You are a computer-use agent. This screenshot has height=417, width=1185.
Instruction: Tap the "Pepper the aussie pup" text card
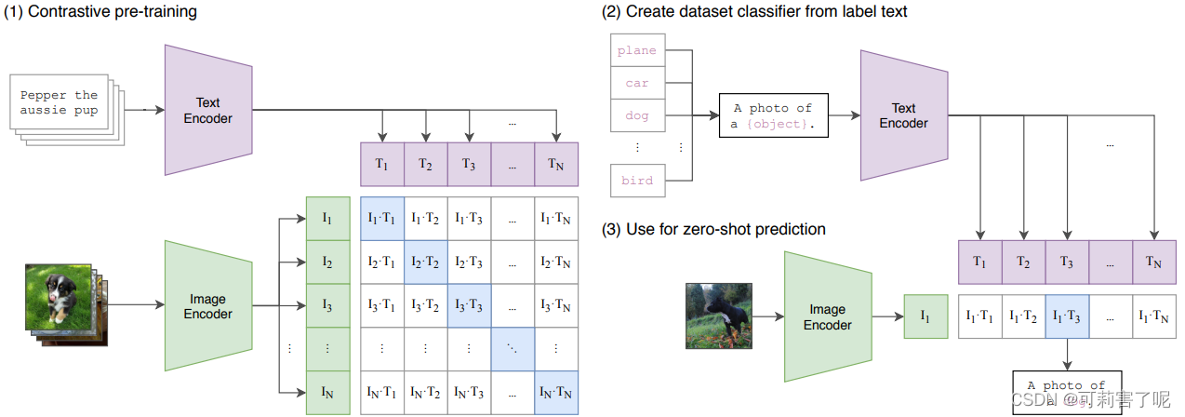59,103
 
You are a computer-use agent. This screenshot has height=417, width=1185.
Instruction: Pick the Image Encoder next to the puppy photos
207,307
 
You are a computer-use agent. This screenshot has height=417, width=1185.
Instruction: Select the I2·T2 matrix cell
425,262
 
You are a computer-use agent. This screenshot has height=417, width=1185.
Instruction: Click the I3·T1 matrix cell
381,305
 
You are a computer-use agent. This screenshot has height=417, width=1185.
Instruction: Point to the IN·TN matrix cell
556,393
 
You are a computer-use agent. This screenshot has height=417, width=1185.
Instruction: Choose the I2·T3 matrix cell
469,262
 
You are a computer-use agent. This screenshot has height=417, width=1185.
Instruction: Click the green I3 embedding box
327,305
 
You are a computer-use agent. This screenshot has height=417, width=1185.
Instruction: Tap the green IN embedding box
327,393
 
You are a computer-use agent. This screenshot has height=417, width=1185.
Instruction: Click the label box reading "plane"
637,50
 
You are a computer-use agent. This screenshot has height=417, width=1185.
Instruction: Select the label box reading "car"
637,83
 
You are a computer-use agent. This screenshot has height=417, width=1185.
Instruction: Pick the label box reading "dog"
637,115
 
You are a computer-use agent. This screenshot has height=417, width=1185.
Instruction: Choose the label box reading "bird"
637,181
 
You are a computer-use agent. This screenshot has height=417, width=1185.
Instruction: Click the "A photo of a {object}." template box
773,115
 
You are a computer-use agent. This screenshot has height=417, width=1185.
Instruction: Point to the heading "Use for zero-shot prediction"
713,229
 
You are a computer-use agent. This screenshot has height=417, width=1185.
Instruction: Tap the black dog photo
718,316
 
